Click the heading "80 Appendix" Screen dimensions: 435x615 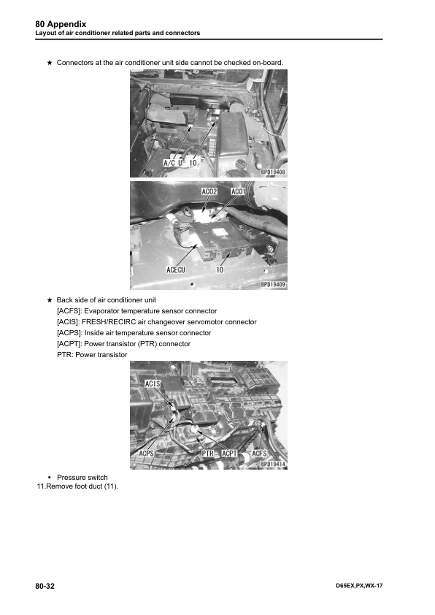(x=61, y=24)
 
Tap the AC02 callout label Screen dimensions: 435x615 (x=209, y=192)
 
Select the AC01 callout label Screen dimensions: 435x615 (x=238, y=192)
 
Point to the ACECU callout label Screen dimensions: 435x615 (x=176, y=270)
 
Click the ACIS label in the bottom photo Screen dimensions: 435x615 (x=153, y=383)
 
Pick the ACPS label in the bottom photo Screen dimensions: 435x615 (x=147, y=454)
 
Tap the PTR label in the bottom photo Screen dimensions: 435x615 (x=208, y=454)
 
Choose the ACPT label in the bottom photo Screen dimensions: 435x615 (x=229, y=454)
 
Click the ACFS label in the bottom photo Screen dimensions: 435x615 (x=259, y=454)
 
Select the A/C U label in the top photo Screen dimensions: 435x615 (x=173, y=163)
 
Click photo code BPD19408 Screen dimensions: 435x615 (x=273, y=172)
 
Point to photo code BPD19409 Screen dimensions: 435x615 (x=273, y=284)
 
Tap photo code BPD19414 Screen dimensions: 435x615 (x=273, y=465)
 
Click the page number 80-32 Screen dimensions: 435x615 (x=45, y=586)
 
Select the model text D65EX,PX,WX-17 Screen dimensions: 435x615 (x=359, y=586)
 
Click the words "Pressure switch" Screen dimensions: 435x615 (x=82, y=478)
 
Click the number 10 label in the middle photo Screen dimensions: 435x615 (x=220, y=270)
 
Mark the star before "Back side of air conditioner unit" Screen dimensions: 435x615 (x=50, y=300)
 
